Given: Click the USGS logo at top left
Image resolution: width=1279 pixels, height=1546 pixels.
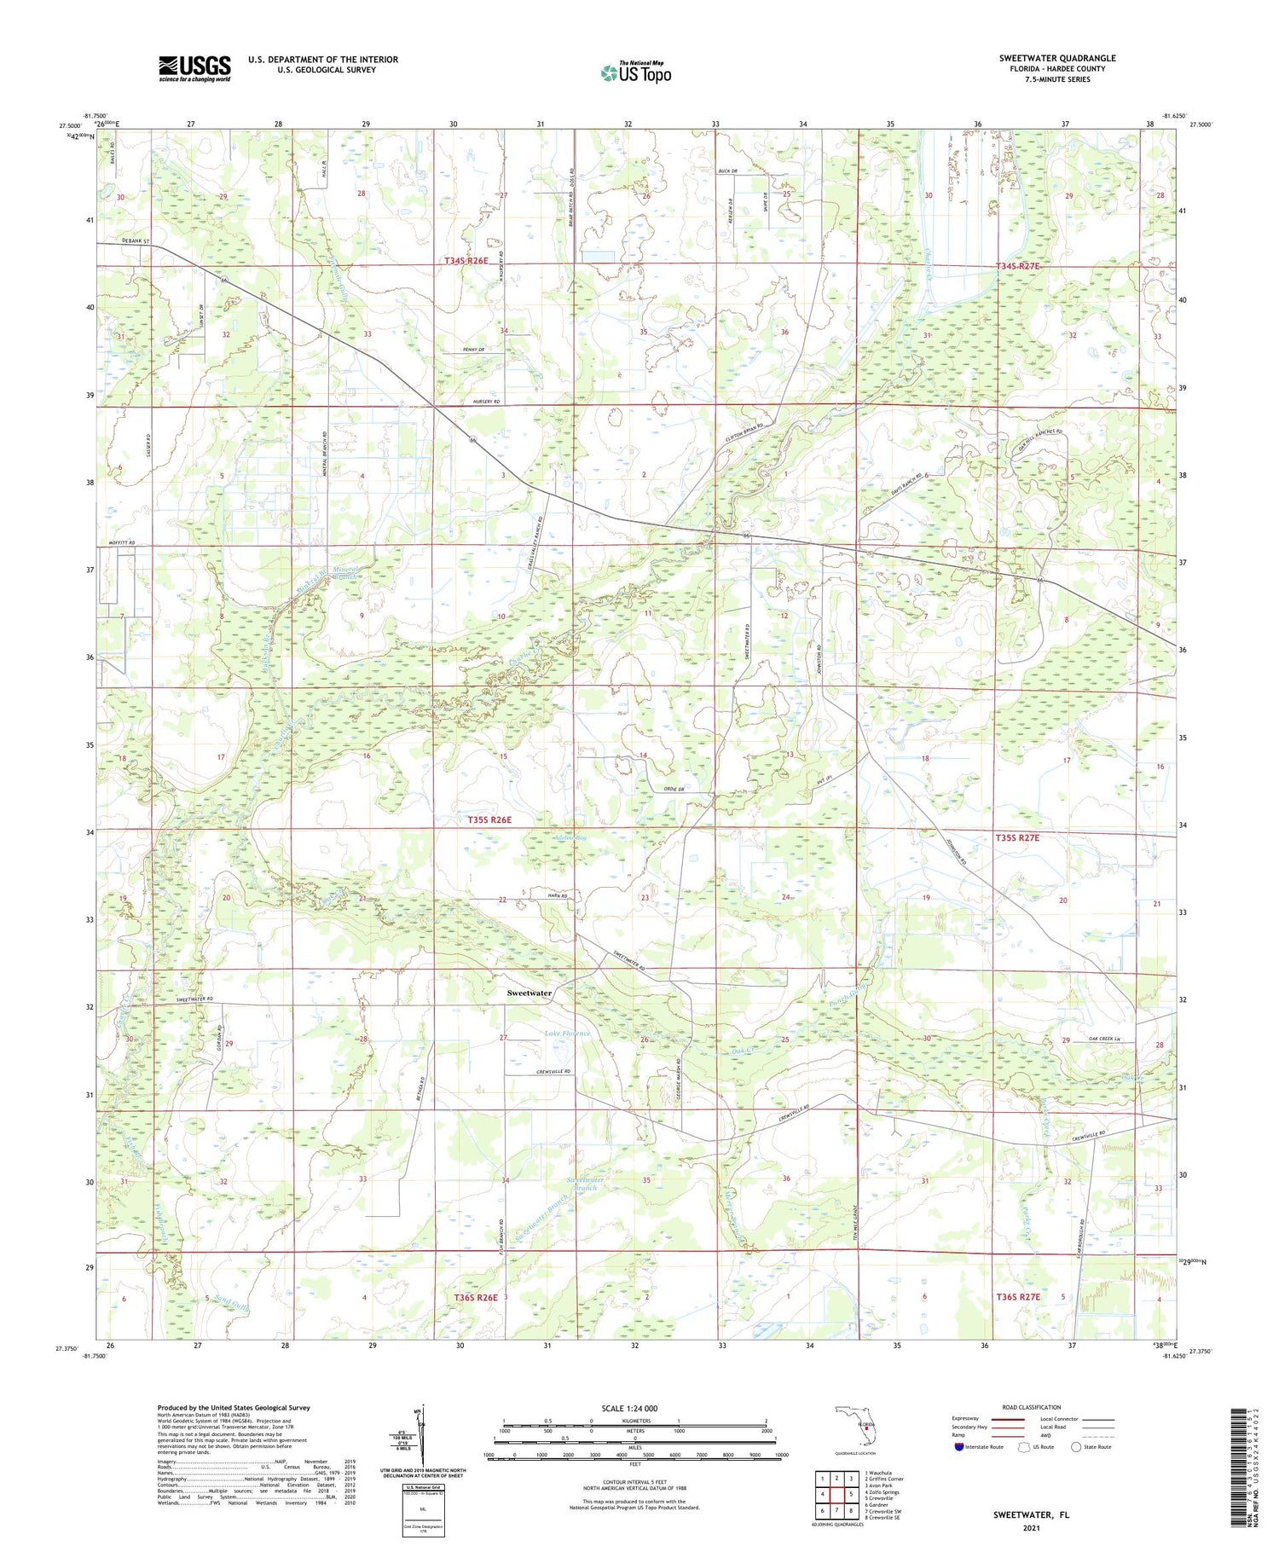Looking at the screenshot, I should coord(194,68).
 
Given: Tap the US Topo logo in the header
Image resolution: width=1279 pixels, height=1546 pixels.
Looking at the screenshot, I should coord(635,73).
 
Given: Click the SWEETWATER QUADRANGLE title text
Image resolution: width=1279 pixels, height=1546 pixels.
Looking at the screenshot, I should coord(1056,58).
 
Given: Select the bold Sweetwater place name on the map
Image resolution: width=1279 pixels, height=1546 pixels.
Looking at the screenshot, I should coord(529,993).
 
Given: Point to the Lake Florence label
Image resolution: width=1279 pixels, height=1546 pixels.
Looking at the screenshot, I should coord(567,1034).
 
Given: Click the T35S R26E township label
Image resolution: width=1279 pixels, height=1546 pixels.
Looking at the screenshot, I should coord(489,819).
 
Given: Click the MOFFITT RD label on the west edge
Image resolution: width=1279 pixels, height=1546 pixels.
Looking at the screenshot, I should coord(121,543).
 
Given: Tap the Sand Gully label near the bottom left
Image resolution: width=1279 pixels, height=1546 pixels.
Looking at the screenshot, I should coord(233,1300).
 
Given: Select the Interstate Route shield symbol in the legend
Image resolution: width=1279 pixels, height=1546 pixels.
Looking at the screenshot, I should coord(959,1446).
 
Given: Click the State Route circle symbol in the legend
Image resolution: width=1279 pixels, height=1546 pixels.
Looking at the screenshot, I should coord(1077,1446).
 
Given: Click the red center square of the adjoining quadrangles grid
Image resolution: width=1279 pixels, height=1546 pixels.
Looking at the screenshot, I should coord(836,1494).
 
